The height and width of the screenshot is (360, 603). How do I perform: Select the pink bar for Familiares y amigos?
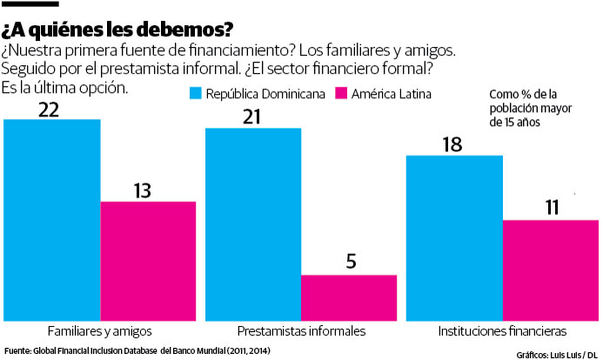pyautogui.click(x=148, y=261)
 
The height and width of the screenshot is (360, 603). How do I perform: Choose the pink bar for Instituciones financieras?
pyautogui.click(x=551, y=270)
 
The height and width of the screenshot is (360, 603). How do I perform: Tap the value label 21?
pyautogui.click(x=253, y=116)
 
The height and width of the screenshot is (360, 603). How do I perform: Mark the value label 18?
pyautogui.click(x=453, y=144)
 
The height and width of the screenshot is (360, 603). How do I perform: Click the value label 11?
pyautogui.click(x=551, y=208)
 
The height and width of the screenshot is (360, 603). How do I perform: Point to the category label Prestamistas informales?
pyautogui.click(x=301, y=331)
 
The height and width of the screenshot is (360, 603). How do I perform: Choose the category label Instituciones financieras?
pyautogui.click(x=503, y=331)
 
